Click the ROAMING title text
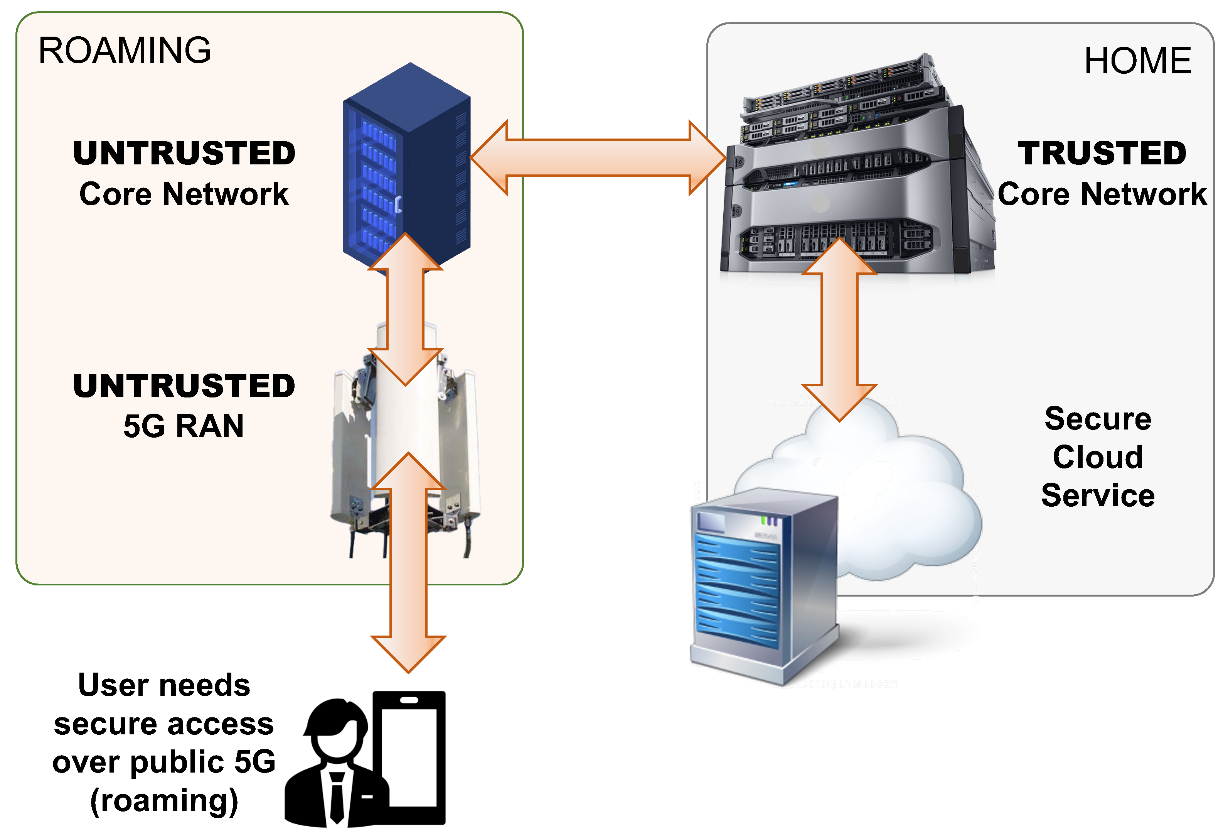pos(125,51)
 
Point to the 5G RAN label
pos(184,426)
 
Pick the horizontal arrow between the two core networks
pos(597,157)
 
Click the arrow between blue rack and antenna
pos(405,309)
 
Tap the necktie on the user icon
pos(337,796)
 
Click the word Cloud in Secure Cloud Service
pos(1098,457)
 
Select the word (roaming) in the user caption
pos(164,801)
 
